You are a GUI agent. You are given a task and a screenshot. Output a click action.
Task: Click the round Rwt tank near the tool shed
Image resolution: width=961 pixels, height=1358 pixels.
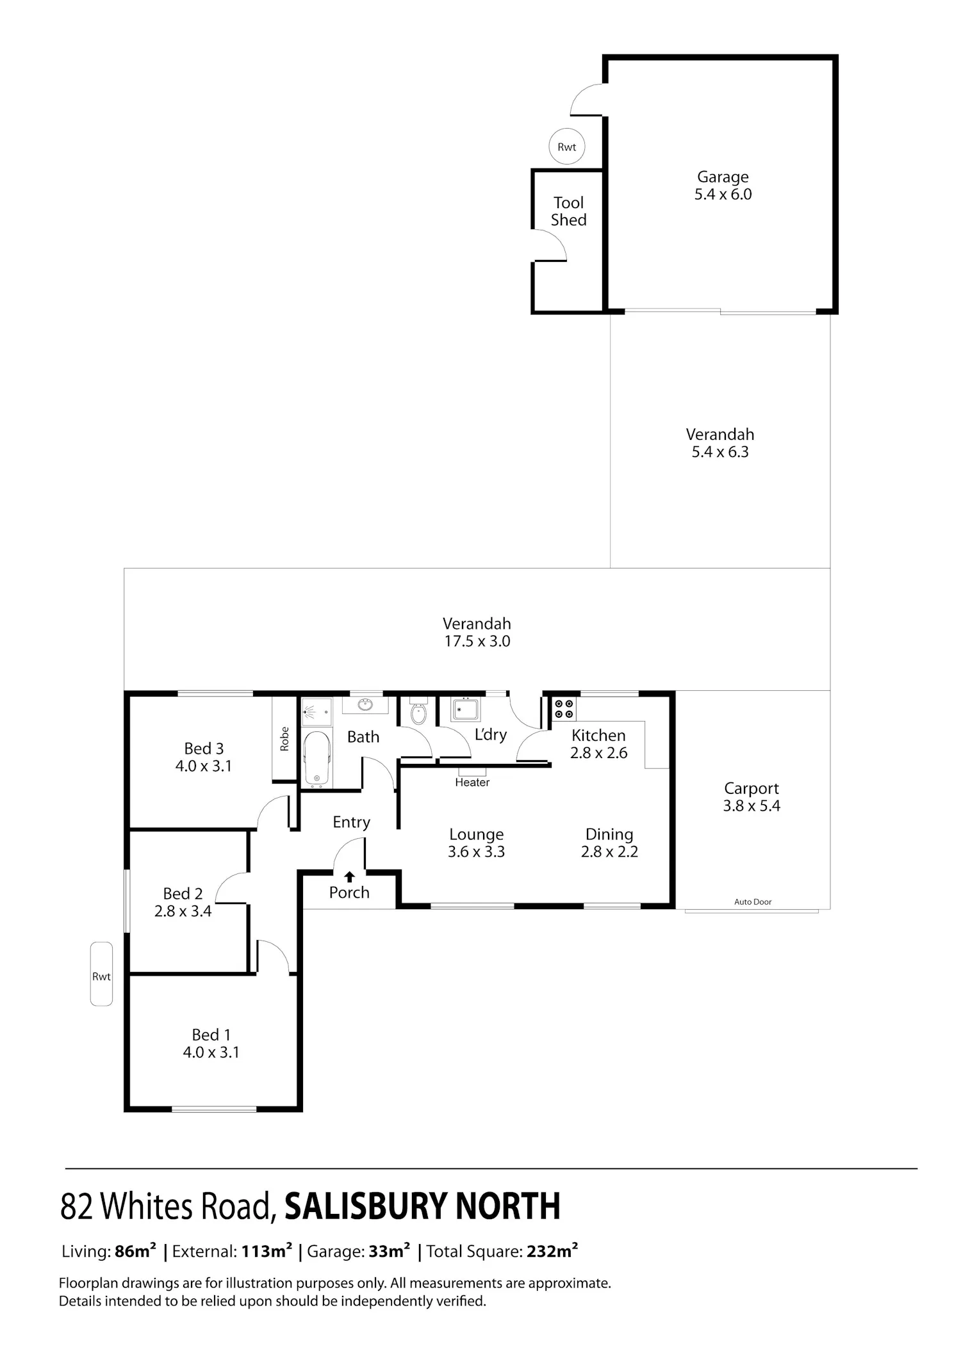(x=567, y=147)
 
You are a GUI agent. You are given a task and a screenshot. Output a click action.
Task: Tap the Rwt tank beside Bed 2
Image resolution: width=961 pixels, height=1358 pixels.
(x=101, y=974)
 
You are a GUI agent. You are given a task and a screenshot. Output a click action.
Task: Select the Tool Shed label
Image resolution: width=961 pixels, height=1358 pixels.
(x=569, y=211)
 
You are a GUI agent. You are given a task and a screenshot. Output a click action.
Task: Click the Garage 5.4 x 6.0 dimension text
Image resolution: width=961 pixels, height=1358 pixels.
(x=723, y=194)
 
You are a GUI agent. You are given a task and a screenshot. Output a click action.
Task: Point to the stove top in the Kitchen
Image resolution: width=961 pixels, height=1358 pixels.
(x=564, y=709)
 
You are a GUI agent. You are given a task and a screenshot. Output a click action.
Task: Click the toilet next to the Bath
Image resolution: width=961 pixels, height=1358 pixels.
(x=418, y=711)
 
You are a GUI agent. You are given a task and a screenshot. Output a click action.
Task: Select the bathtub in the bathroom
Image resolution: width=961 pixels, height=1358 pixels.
(x=316, y=759)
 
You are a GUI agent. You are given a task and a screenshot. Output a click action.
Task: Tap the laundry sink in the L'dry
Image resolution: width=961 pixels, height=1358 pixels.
(x=465, y=709)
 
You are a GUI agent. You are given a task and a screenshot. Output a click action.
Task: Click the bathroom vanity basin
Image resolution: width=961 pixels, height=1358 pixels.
(x=365, y=705)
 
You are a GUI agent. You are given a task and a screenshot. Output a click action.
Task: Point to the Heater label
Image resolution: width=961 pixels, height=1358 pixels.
(x=472, y=782)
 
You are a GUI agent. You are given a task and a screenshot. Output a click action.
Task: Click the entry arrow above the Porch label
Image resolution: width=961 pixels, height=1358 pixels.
(x=350, y=877)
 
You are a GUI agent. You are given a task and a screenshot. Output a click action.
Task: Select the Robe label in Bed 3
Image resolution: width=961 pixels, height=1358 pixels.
(x=284, y=739)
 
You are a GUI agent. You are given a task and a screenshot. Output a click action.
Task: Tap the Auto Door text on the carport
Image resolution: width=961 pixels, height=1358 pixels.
(x=753, y=901)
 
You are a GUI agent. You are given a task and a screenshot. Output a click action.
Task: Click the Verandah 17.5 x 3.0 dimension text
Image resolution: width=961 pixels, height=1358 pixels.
(x=477, y=642)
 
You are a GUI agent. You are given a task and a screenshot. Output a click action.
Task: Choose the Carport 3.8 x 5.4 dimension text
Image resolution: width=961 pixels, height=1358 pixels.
(x=752, y=806)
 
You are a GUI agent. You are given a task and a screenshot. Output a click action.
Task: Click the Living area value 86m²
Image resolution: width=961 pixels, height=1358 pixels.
(x=135, y=1251)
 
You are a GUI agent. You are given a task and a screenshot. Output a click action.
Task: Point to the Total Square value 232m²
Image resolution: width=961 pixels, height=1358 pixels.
(x=552, y=1251)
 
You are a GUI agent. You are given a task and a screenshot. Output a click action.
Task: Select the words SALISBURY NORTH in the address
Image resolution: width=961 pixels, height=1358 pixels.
(x=422, y=1206)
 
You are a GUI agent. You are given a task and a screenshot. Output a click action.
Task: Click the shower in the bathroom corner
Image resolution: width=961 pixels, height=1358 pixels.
(x=316, y=711)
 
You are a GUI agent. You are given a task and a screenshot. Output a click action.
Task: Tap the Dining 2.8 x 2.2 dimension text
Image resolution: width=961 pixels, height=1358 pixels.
(x=609, y=852)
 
